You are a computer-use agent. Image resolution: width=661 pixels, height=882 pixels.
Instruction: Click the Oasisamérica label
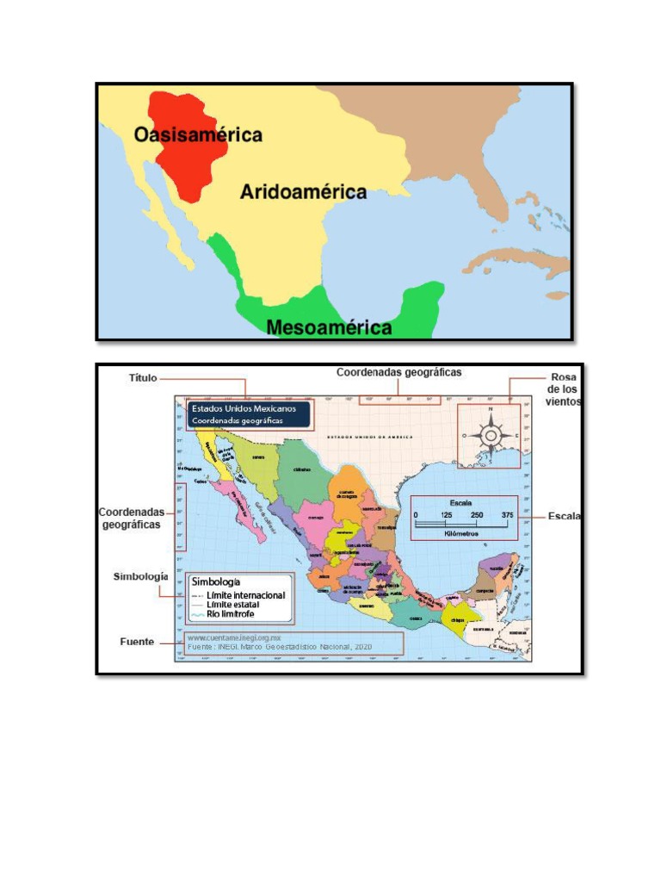coord(197,135)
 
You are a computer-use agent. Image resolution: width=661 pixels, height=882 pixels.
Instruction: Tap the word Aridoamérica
coord(302,192)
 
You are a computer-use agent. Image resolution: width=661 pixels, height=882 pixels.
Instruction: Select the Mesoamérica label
coord(329,327)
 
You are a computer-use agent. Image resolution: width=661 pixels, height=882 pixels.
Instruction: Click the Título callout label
coord(143,377)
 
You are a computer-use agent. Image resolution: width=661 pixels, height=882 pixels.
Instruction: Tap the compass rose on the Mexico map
coord(490,435)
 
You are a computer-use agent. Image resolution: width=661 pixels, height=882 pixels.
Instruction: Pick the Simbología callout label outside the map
coord(140,576)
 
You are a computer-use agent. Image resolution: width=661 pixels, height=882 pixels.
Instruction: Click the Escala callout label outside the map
coord(565,517)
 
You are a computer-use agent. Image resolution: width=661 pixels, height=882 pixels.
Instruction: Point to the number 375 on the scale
coord(507,514)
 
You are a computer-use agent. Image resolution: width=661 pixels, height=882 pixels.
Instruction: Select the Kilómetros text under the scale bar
coord(463,533)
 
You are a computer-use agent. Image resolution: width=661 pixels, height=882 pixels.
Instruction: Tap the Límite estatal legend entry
coord(232,605)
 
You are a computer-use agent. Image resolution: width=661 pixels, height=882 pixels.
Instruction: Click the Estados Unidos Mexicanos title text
coord(243,407)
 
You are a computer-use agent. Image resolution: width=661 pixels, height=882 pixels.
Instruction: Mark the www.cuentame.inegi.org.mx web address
coord(235,637)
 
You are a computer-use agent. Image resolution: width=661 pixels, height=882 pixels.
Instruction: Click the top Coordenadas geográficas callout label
coord(398,373)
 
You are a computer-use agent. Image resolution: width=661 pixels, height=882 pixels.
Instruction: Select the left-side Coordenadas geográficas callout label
coord(131,518)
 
